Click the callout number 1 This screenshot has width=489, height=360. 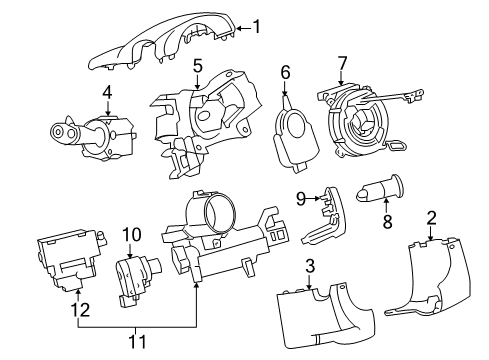pyautogui.click(x=257, y=27)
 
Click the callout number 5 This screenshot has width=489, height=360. pyautogui.click(x=198, y=66)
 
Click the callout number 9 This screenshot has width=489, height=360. pyautogui.click(x=299, y=198)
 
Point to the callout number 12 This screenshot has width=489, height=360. pyautogui.click(x=76, y=311)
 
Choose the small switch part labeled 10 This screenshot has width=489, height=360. pyautogui.click(x=134, y=277)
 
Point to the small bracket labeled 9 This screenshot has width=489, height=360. pyautogui.click(x=322, y=222)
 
